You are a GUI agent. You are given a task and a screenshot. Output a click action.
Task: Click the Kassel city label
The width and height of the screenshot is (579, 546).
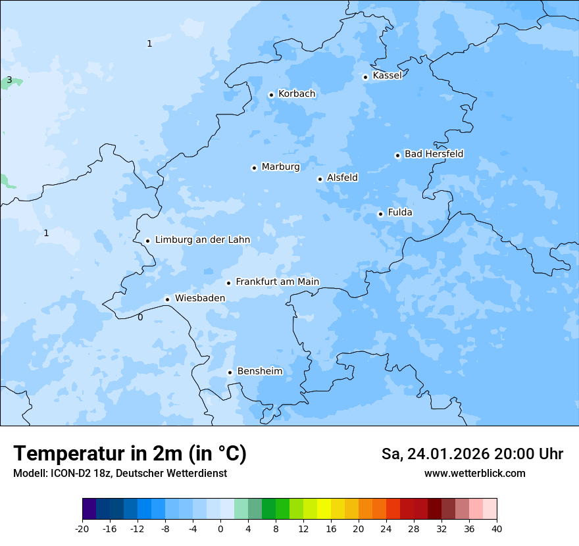tap(387, 76)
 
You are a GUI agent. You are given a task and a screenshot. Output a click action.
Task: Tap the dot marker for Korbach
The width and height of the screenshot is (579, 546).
tap(271, 95)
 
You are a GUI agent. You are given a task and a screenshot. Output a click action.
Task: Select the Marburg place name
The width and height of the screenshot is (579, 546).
tap(280, 167)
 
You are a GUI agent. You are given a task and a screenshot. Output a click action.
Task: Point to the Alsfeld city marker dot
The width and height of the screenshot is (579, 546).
tap(320, 179)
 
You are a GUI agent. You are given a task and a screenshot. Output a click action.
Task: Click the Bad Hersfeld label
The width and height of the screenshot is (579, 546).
tap(434, 154)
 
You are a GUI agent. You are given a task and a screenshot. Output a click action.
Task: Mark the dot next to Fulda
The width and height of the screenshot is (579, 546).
tap(380, 214)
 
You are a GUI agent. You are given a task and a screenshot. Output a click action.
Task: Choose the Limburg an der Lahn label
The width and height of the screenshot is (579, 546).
tap(202, 240)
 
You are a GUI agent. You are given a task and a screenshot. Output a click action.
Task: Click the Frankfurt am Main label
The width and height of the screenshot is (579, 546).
tap(277, 282)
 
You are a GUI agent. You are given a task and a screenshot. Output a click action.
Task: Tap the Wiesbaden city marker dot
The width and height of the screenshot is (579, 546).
tap(168, 299)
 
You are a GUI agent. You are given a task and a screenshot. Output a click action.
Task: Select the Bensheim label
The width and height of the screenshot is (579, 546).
tap(259, 371)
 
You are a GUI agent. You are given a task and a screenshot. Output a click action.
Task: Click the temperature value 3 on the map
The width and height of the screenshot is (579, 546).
tap(9, 80)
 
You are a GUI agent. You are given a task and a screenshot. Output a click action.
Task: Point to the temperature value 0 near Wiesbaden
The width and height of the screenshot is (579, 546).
tap(139, 317)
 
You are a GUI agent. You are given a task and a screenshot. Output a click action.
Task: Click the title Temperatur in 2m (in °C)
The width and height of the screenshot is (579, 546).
tap(130, 453)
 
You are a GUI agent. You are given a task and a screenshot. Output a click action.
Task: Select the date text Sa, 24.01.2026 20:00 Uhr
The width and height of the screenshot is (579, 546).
tap(472, 454)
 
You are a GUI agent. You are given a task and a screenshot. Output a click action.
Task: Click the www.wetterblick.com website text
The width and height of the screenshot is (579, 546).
tap(474, 473)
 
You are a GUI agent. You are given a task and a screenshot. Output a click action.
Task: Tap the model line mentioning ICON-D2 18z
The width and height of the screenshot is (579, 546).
tap(120, 473)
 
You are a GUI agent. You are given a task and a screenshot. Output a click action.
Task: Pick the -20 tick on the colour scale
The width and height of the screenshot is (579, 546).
tap(82, 528)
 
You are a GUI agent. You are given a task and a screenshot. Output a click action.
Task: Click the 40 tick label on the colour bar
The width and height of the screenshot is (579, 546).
tap(496, 528)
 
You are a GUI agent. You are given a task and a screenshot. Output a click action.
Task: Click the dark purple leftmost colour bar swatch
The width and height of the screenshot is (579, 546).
tap(89, 509)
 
